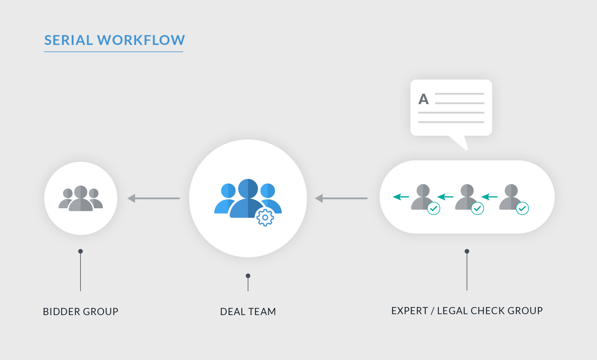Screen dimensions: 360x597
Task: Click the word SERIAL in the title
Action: (x=69, y=40)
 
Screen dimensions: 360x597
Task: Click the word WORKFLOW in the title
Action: (x=141, y=40)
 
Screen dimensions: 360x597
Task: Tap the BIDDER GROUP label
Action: (x=81, y=312)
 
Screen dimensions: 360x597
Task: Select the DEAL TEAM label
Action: (x=248, y=312)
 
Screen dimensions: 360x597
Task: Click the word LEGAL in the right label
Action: (x=452, y=311)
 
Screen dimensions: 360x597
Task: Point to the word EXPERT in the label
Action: (x=409, y=311)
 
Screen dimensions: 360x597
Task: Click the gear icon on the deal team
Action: (x=265, y=217)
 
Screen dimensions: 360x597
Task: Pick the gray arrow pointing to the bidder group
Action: (x=153, y=198)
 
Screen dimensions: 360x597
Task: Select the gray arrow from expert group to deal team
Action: (x=341, y=198)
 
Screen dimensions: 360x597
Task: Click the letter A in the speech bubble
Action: (x=423, y=99)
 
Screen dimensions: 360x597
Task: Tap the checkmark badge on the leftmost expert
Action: (x=433, y=208)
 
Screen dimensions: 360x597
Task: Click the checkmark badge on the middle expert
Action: (x=477, y=208)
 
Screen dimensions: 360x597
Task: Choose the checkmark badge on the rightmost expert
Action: (x=522, y=208)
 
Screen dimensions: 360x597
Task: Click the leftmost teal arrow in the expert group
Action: (x=401, y=197)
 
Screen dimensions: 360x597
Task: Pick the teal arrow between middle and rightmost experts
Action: (x=489, y=197)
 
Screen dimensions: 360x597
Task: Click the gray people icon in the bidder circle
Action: (x=81, y=198)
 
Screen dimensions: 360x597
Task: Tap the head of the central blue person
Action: (x=248, y=188)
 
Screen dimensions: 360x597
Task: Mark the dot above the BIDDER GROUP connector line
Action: (x=81, y=251)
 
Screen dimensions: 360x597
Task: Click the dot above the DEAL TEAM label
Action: (x=248, y=276)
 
